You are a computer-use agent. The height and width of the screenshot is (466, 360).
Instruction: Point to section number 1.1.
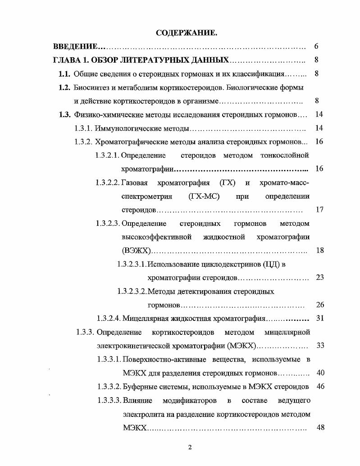pos(65,73)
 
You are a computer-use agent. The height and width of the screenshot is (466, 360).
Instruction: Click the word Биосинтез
pos(93,87)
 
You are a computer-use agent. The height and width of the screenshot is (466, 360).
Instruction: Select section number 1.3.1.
pos(84,128)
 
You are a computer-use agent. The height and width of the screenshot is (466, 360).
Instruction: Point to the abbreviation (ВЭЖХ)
pos(135,251)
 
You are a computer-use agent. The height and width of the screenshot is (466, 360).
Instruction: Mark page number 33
pos(320,346)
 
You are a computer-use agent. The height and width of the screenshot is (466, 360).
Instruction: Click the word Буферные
pos(140,387)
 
